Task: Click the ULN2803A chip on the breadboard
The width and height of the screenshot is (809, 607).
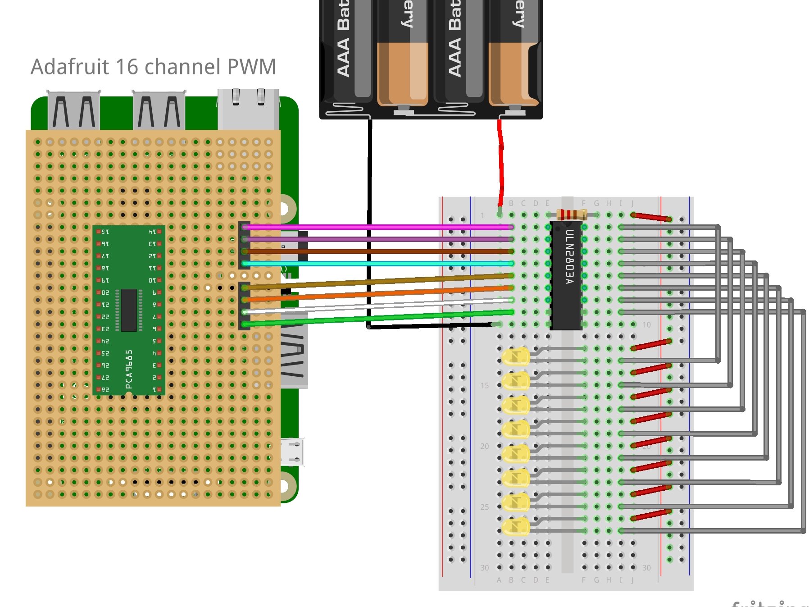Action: click(x=566, y=275)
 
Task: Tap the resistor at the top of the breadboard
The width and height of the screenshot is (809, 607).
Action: click(x=571, y=215)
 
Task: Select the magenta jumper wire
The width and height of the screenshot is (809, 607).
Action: click(x=378, y=227)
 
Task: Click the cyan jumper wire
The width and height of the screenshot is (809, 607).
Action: click(x=378, y=263)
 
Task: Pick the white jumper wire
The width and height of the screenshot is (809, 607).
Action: click(x=378, y=306)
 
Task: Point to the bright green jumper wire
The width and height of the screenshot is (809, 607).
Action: click(x=378, y=318)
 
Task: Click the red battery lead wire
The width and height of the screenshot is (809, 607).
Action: click(x=500, y=162)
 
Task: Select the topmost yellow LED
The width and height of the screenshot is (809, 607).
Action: click(x=516, y=357)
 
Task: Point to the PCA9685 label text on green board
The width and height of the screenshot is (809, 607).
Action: click(x=129, y=370)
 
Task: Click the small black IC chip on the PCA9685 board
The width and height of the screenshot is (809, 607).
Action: click(x=129, y=310)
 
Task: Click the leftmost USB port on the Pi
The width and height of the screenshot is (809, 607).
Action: click(x=73, y=110)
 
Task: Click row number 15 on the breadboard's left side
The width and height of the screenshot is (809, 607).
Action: click(x=484, y=385)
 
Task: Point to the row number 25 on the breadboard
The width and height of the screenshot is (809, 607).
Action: click(x=484, y=507)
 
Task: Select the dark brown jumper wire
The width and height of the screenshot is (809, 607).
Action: click(x=378, y=251)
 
